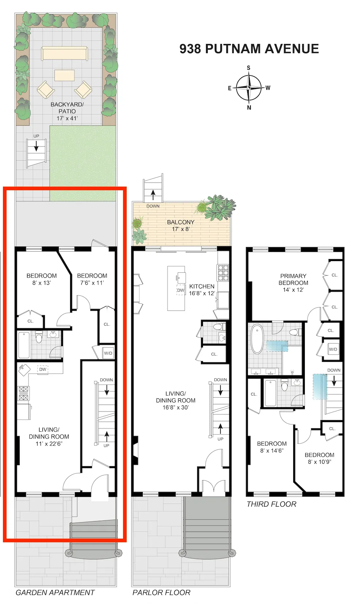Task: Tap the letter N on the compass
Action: pyautogui.click(x=249, y=107)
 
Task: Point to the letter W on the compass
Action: pyautogui.click(x=268, y=88)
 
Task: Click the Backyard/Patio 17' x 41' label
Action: pyautogui.click(x=67, y=111)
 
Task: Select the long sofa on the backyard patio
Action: pyautogui.click(x=64, y=53)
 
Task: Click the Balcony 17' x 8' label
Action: pyautogui.click(x=180, y=225)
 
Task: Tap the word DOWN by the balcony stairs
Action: pyautogui.click(x=153, y=206)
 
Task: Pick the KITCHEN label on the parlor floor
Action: pyautogui.click(x=202, y=286)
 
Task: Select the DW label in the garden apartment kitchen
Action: pyautogui.click(x=43, y=369)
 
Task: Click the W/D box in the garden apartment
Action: pyautogui.click(x=108, y=353)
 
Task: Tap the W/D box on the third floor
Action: pyautogui.click(x=333, y=349)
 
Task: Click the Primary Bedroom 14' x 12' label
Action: pyautogui.click(x=293, y=282)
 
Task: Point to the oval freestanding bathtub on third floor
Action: pyautogui.click(x=257, y=339)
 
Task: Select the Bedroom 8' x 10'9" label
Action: pyautogui.click(x=319, y=458)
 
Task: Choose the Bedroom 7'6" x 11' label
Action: pyautogui.click(x=92, y=279)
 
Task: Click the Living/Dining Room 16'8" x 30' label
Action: pyautogui.click(x=176, y=400)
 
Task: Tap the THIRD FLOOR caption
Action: pyautogui.click(x=271, y=504)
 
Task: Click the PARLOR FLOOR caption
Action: pyautogui.click(x=161, y=592)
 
